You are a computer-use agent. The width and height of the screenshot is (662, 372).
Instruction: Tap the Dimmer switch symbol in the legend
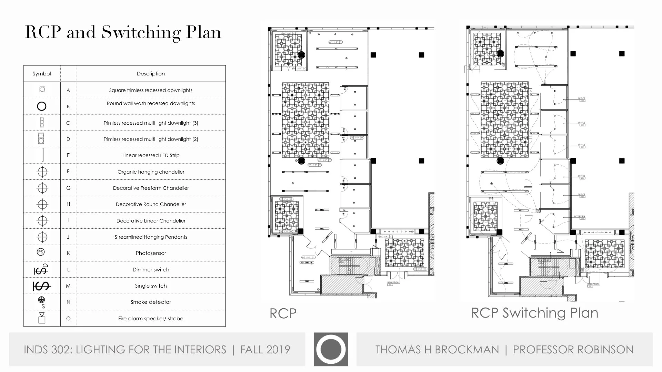click(41, 269)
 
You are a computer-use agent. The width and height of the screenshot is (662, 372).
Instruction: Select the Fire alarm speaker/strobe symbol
click(42, 318)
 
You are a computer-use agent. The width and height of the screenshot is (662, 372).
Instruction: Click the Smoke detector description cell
click(151, 302)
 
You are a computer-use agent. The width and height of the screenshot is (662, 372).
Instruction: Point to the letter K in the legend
click(68, 253)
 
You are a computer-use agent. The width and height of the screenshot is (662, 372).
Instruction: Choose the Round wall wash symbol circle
click(42, 106)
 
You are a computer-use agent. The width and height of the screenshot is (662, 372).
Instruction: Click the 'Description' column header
click(151, 74)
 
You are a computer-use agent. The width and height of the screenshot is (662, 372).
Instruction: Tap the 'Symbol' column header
click(42, 74)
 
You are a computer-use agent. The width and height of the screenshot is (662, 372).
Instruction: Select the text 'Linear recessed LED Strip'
click(151, 155)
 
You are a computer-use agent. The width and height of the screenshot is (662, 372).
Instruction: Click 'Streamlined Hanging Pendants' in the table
click(151, 237)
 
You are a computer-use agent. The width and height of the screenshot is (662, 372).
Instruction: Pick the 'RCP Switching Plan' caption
click(534, 313)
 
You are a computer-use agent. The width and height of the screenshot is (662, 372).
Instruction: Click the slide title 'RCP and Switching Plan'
click(123, 32)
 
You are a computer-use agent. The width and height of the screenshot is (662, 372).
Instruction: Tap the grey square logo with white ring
click(331, 349)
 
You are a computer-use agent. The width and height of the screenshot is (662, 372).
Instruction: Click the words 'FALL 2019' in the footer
click(265, 350)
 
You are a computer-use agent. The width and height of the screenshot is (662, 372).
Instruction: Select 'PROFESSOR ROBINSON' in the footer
click(573, 350)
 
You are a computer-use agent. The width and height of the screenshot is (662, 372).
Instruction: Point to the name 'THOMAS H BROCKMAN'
click(437, 350)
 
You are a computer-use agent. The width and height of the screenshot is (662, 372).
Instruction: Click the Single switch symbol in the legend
click(42, 286)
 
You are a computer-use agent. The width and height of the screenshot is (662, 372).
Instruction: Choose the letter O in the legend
click(68, 319)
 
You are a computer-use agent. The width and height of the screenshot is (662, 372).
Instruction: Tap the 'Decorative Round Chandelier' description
click(151, 204)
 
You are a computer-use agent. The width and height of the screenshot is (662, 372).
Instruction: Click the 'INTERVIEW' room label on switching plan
click(580, 217)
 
